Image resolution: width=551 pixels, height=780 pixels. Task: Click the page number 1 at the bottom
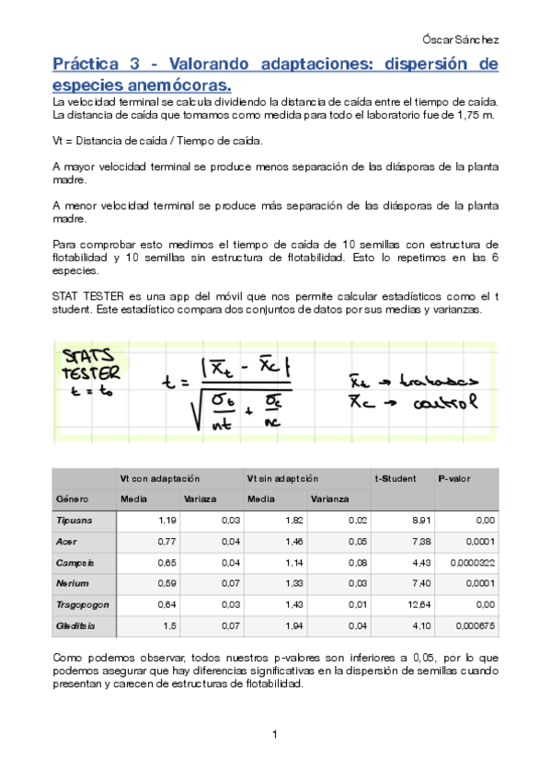(x=275, y=733)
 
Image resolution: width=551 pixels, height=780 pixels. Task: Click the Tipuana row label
(x=75, y=520)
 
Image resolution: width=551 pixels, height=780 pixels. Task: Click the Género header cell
(x=72, y=499)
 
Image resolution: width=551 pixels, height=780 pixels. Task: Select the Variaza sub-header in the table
(x=200, y=499)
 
